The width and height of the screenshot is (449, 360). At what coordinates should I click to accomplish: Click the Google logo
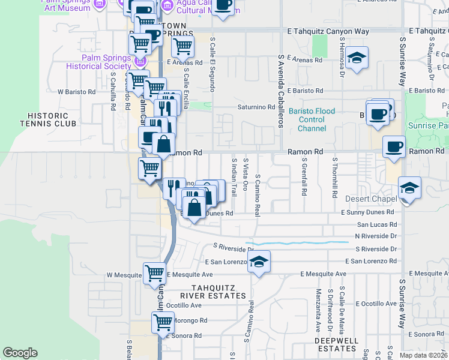pyautogui.click(x=20, y=353)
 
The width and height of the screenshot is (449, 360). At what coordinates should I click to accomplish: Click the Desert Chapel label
pyautogui.click(x=372, y=199)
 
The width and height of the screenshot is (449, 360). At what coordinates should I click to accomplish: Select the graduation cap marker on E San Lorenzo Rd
pyautogui.click(x=259, y=262)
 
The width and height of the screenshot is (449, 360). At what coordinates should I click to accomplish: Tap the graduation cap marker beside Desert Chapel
pyautogui.click(x=409, y=188)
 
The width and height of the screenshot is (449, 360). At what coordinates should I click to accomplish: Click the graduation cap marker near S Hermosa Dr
pyautogui.click(x=357, y=58)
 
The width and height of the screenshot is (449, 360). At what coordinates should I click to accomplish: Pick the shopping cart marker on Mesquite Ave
pyautogui.click(x=155, y=274)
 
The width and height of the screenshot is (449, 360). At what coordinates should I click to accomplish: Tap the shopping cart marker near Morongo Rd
pyautogui.click(x=163, y=322)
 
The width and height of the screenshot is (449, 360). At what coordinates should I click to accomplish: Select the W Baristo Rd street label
pyautogui.click(x=76, y=92)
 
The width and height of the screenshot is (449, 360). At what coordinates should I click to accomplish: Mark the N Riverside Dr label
pyautogui.click(x=376, y=236)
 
